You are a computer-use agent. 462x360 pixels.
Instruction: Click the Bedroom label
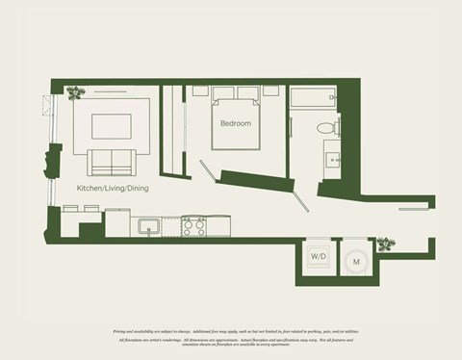236,124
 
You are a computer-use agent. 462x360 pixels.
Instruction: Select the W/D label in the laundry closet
318,257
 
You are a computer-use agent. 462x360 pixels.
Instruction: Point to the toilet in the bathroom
325,125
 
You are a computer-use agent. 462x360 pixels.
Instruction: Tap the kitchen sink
149,227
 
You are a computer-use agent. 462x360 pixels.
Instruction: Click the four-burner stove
193,227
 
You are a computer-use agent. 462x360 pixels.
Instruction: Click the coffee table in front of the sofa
111,126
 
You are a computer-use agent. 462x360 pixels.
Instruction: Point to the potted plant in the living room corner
74,93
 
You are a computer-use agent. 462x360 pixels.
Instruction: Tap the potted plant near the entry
386,244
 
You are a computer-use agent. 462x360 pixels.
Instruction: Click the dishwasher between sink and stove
171,228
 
